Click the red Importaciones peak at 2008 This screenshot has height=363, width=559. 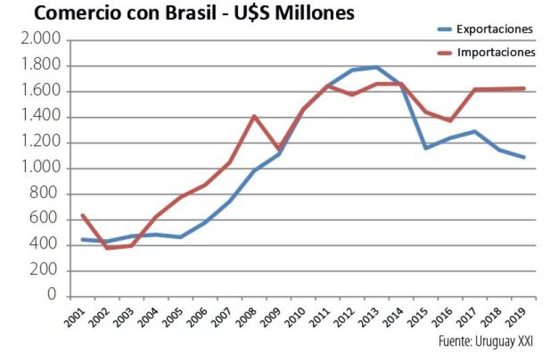[x=254, y=116]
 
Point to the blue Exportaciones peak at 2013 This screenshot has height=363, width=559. [x=377, y=67]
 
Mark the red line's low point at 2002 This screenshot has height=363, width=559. [x=106, y=248]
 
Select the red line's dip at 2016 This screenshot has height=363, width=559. [x=451, y=121]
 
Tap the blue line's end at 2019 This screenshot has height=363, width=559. [x=524, y=157]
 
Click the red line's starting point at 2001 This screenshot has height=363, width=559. [x=82, y=214]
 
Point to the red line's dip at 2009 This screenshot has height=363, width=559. [x=278, y=149]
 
